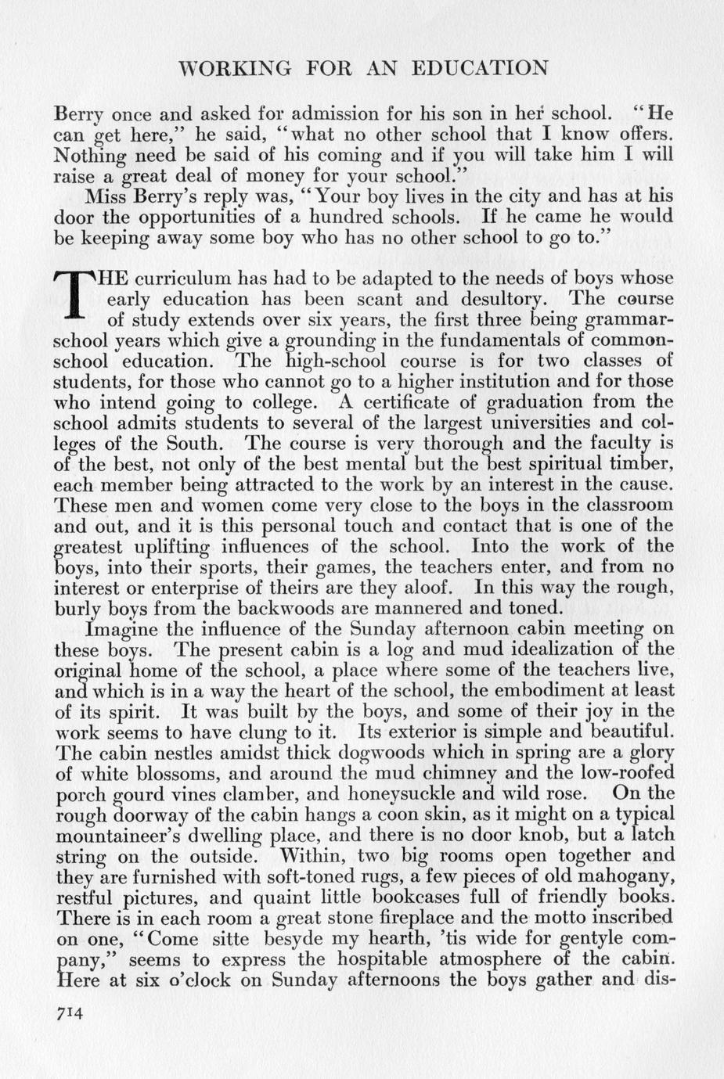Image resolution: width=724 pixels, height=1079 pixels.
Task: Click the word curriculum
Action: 182,279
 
